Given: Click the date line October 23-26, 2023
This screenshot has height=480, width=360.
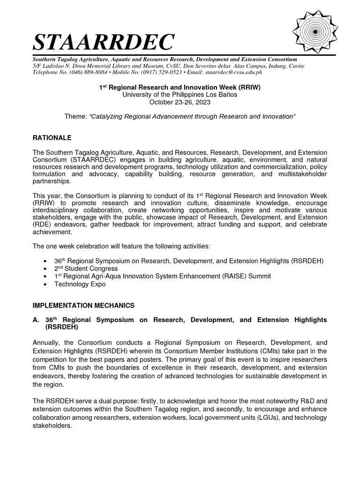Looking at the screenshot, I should point(180,102).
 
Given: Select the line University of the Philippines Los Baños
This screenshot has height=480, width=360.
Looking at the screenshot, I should point(180,95).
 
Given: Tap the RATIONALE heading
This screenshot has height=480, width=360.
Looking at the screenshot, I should point(52,138).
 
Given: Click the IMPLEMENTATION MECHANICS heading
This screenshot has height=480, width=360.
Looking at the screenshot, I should point(83,305).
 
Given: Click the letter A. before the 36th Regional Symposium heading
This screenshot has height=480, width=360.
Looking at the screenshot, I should point(36,319).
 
